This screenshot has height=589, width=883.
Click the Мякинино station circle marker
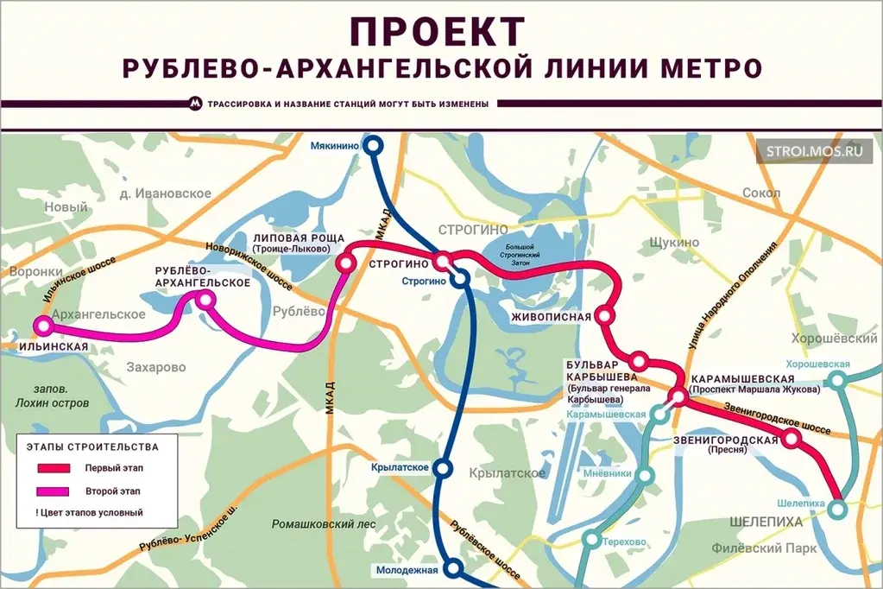tap(374, 146)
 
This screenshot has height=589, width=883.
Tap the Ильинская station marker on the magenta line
tap(42, 326)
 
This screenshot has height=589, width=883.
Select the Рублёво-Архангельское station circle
tap(205, 300)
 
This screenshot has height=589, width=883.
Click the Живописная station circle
tap(605, 316)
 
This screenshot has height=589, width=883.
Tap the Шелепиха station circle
tap(837, 510)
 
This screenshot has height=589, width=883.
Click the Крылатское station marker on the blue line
tap(443, 468)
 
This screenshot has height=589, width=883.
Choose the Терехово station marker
tap(591, 540)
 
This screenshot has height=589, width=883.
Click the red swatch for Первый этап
tap(54, 468)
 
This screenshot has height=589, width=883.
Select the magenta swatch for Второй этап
tap(54, 491)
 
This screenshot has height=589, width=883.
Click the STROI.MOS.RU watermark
tap(815, 149)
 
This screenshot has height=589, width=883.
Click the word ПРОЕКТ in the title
tap(438, 31)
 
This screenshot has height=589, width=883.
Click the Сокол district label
tap(760, 193)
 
